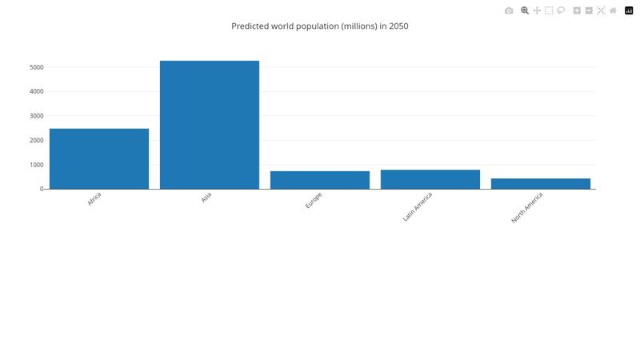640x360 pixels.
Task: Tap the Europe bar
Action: (320, 180)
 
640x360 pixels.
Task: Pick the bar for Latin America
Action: (430, 179)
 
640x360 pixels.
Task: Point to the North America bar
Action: (541, 184)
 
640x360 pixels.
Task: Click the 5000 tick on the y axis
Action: (36, 67)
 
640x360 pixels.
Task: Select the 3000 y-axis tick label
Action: (36, 116)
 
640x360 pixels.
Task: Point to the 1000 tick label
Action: (36, 165)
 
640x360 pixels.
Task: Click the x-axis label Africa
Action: (94, 199)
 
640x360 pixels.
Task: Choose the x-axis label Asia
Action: (206, 198)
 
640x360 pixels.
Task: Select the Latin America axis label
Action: (418, 206)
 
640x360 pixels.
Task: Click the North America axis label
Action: (527, 207)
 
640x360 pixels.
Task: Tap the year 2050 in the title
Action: (398, 26)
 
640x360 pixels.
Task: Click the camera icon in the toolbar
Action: (509, 10)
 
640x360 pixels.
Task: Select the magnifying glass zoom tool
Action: (525, 10)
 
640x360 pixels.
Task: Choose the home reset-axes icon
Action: (613, 10)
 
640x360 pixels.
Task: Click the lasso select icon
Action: (561, 10)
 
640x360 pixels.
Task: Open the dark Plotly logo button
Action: (629, 10)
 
